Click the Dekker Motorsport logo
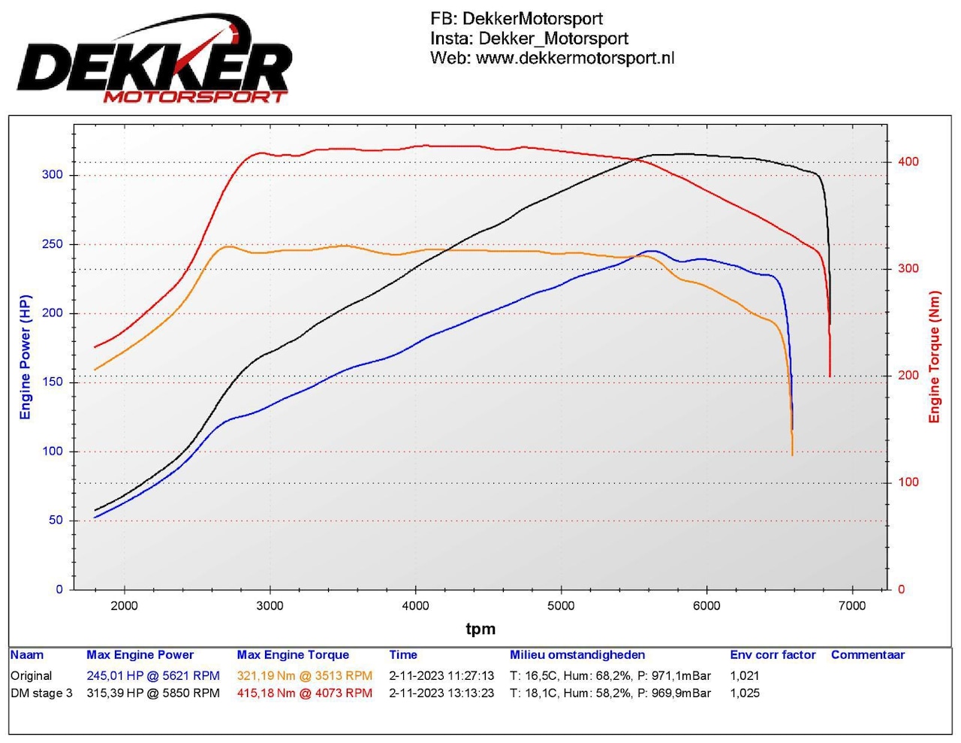click(155, 59)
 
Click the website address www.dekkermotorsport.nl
click(575, 58)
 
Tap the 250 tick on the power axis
click(53, 244)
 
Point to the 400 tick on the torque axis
click(908, 162)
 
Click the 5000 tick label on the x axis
click(561, 606)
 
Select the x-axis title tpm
click(480, 629)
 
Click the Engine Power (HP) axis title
click(26, 357)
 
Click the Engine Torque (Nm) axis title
click(935, 357)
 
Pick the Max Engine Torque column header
click(293, 655)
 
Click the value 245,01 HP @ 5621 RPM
click(153, 675)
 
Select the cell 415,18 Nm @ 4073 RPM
click(304, 693)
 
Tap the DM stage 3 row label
click(41, 693)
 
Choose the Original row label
click(31, 675)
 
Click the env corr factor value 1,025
click(745, 693)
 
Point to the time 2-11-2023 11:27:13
click(441, 675)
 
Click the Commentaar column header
click(868, 655)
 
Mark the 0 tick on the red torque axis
click(901, 590)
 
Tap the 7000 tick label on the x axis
click(852, 606)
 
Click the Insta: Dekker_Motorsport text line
click(529, 38)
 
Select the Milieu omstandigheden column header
click(577, 655)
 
